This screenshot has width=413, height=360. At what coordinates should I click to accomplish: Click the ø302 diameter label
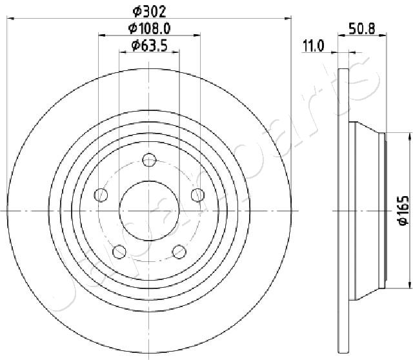coord(149,12)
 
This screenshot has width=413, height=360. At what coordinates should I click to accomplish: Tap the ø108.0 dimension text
coord(149,28)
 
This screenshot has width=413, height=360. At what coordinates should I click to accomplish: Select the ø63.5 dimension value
coord(149,46)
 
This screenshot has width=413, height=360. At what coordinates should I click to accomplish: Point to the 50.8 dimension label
coord(361,28)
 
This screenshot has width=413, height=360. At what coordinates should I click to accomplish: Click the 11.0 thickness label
coord(313,46)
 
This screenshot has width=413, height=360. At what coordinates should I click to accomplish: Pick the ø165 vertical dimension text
coord(403,211)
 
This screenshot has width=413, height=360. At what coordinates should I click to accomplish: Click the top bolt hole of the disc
coord(149,159)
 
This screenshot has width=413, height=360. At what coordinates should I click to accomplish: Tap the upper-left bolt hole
coord(101,195)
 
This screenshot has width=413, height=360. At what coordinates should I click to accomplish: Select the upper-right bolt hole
coord(198,195)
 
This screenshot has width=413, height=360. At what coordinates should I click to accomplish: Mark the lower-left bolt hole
coord(119,252)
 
